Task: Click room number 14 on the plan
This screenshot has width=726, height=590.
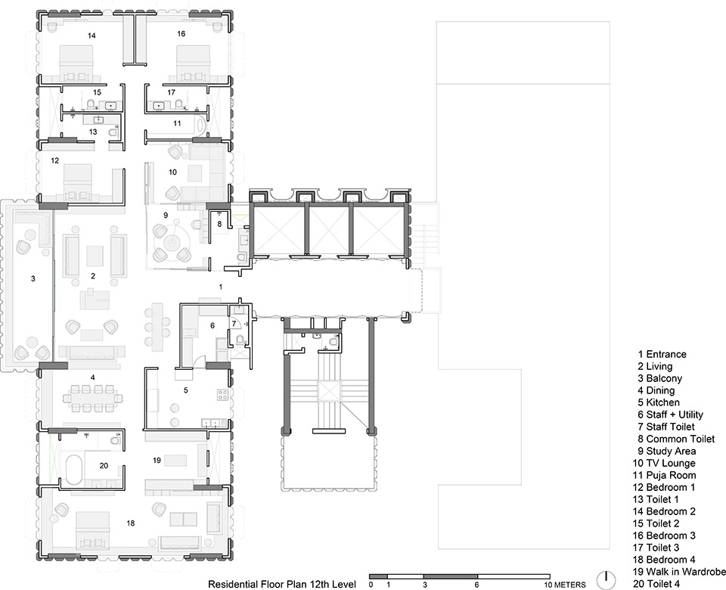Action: (92, 36)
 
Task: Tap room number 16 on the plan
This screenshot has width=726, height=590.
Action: (181, 33)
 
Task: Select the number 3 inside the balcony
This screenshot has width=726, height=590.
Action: (33, 278)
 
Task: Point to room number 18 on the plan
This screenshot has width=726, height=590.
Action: (131, 523)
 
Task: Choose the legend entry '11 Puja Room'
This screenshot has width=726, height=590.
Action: (665, 475)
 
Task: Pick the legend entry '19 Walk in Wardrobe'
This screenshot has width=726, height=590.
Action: (679, 572)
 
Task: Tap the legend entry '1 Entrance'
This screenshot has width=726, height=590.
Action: (662, 354)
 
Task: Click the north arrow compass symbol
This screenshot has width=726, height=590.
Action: (606, 579)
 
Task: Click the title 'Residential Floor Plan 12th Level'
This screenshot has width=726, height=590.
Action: (282, 584)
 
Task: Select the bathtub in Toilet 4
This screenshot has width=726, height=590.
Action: (73, 470)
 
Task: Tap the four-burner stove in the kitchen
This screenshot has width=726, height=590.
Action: (222, 394)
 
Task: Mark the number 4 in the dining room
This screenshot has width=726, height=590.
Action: (92, 377)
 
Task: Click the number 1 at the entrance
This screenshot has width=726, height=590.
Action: (220, 287)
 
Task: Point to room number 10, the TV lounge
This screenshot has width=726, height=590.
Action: (172, 172)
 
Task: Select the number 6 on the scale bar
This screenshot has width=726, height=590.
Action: (477, 585)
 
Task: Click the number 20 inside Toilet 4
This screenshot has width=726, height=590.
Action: (104, 465)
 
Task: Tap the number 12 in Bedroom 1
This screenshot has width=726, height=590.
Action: (55, 160)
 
